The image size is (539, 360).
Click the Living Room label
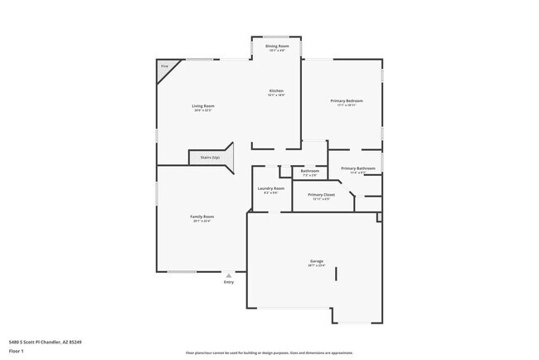click(x=203, y=105)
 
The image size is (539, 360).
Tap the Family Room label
click(x=203, y=216)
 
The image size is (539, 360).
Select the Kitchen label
click(x=276, y=90)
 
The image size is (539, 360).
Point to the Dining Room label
click(x=276, y=46)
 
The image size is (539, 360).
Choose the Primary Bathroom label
click(x=357, y=168)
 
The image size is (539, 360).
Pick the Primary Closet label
click(x=319, y=194)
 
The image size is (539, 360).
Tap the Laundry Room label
click(x=270, y=188)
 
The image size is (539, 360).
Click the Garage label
click(x=317, y=260)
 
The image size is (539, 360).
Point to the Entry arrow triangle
click(x=229, y=275)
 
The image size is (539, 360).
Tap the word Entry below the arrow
click(x=229, y=282)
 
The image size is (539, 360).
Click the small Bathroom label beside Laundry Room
click(x=310, y=171)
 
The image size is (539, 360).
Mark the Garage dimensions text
click(x=317, y=265)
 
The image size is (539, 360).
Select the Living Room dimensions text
click(x=203, y=110)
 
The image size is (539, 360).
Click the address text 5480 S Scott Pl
click(x=45, y=341)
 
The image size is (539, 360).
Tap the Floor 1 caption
click(x=17, y=351)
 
